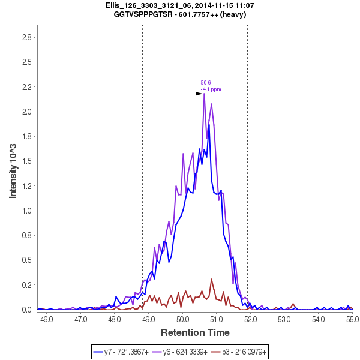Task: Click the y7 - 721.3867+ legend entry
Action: pyautogui.click(x=123, y=350)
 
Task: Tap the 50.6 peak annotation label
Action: pyautogui.click(x=205, y=83)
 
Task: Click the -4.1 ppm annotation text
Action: pyautogui.click(x=211, y=89)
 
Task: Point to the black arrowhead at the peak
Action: pyautogui.click(x=199, y=94)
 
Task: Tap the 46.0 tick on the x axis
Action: pyautogui.click(x=46, y=319)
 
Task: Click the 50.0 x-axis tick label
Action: pyautogui.click(x=183, y=319)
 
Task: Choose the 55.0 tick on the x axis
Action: pyautogui.click(x=353, y=319)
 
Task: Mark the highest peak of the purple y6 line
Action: pyautogui.click(x=205, y=94)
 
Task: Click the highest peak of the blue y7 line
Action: pyautogui.click(x=209, y=125)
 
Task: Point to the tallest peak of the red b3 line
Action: pyautogui.click(x=211, y=279)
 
